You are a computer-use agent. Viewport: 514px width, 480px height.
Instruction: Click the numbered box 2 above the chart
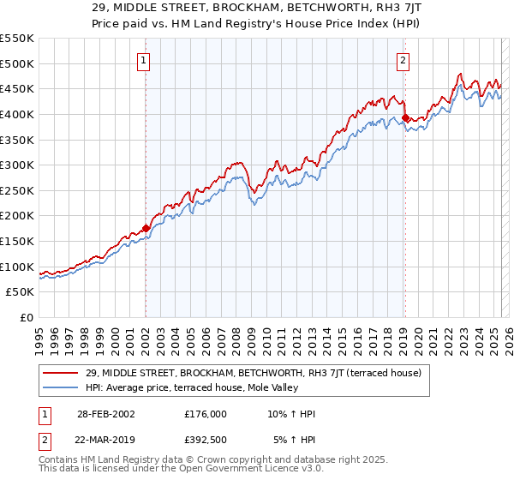[x=403, y=60]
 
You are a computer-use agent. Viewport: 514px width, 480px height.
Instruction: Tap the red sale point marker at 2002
[x=146, y=228]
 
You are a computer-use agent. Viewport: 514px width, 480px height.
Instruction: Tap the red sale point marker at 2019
[x=404, y=117]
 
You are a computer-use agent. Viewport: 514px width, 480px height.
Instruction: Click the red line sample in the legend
[x=61, y=373]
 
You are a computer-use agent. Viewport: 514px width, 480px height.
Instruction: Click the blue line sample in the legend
[x=61, y=388]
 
